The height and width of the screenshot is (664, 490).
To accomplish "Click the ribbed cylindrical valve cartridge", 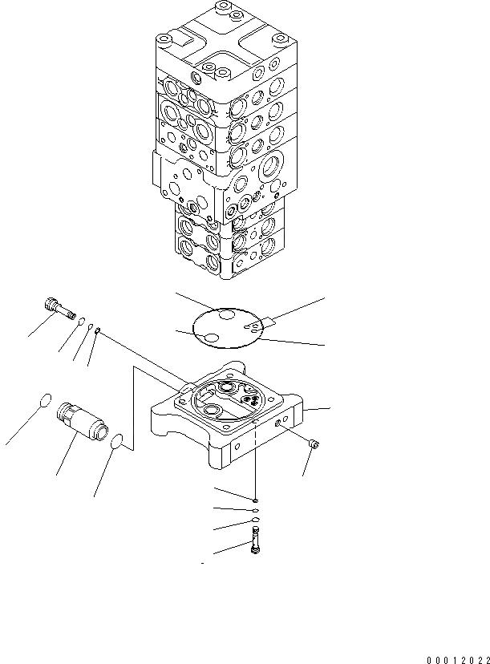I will (x=80, y=423).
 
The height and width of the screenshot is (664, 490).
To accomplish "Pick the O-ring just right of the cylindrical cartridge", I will (x=117, y=441).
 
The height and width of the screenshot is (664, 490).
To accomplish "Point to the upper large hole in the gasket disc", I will (x=227, y=318).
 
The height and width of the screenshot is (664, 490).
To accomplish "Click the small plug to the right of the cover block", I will (x=314, y=444).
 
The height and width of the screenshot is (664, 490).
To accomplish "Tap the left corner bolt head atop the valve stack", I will (x=164, y=40).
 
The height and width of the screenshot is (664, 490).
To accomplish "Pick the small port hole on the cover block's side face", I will (x=278, y=422).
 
